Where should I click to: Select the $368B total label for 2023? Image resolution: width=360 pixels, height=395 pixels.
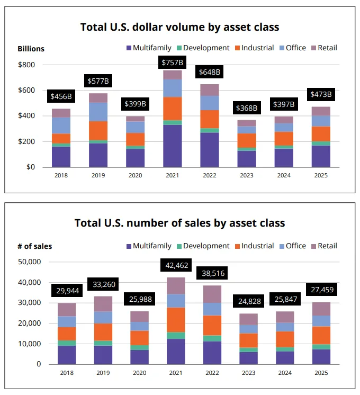click(x=246, y=109)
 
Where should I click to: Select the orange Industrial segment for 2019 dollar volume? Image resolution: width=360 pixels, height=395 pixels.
click(x=97, y=130)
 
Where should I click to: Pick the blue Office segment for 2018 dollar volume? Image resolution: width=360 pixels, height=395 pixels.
click(x=61, y=125)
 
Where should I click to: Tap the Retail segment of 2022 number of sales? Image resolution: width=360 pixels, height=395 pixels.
click(x=213, y=294)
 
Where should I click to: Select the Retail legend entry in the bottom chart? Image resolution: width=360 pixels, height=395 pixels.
click(x=323, y=246)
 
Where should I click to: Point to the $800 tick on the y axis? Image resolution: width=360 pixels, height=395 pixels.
click(x=26, y=65)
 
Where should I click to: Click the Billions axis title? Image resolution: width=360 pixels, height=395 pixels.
click(x=31, y=49)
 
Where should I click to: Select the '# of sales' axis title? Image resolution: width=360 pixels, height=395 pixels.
click(x=35, y=246)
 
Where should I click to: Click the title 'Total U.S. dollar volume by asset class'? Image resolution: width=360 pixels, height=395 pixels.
click(x=179, y=26)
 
